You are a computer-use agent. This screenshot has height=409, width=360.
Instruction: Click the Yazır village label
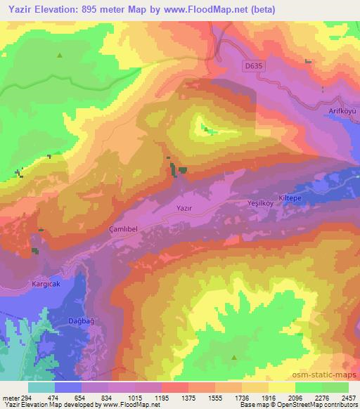[184, 209]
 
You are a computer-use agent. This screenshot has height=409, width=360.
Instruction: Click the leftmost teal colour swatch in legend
[41, 387]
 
